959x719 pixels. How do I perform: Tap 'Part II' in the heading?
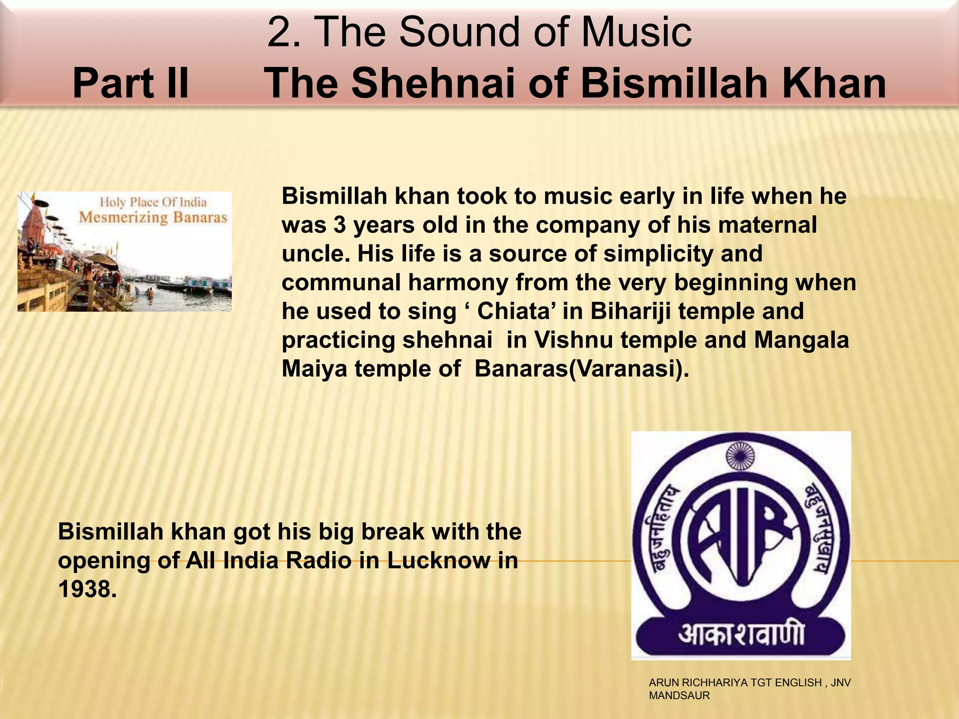click(x=131, y=83)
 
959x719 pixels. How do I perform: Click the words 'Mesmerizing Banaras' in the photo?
click(x=153, y=217)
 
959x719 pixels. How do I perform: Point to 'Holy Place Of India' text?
click(x=153, y=202)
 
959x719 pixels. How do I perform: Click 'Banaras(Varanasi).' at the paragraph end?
click(x=582, y=369)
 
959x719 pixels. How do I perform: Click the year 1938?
click(x=87, y=589)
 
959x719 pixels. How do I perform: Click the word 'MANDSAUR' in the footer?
click(x=679, y=696)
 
